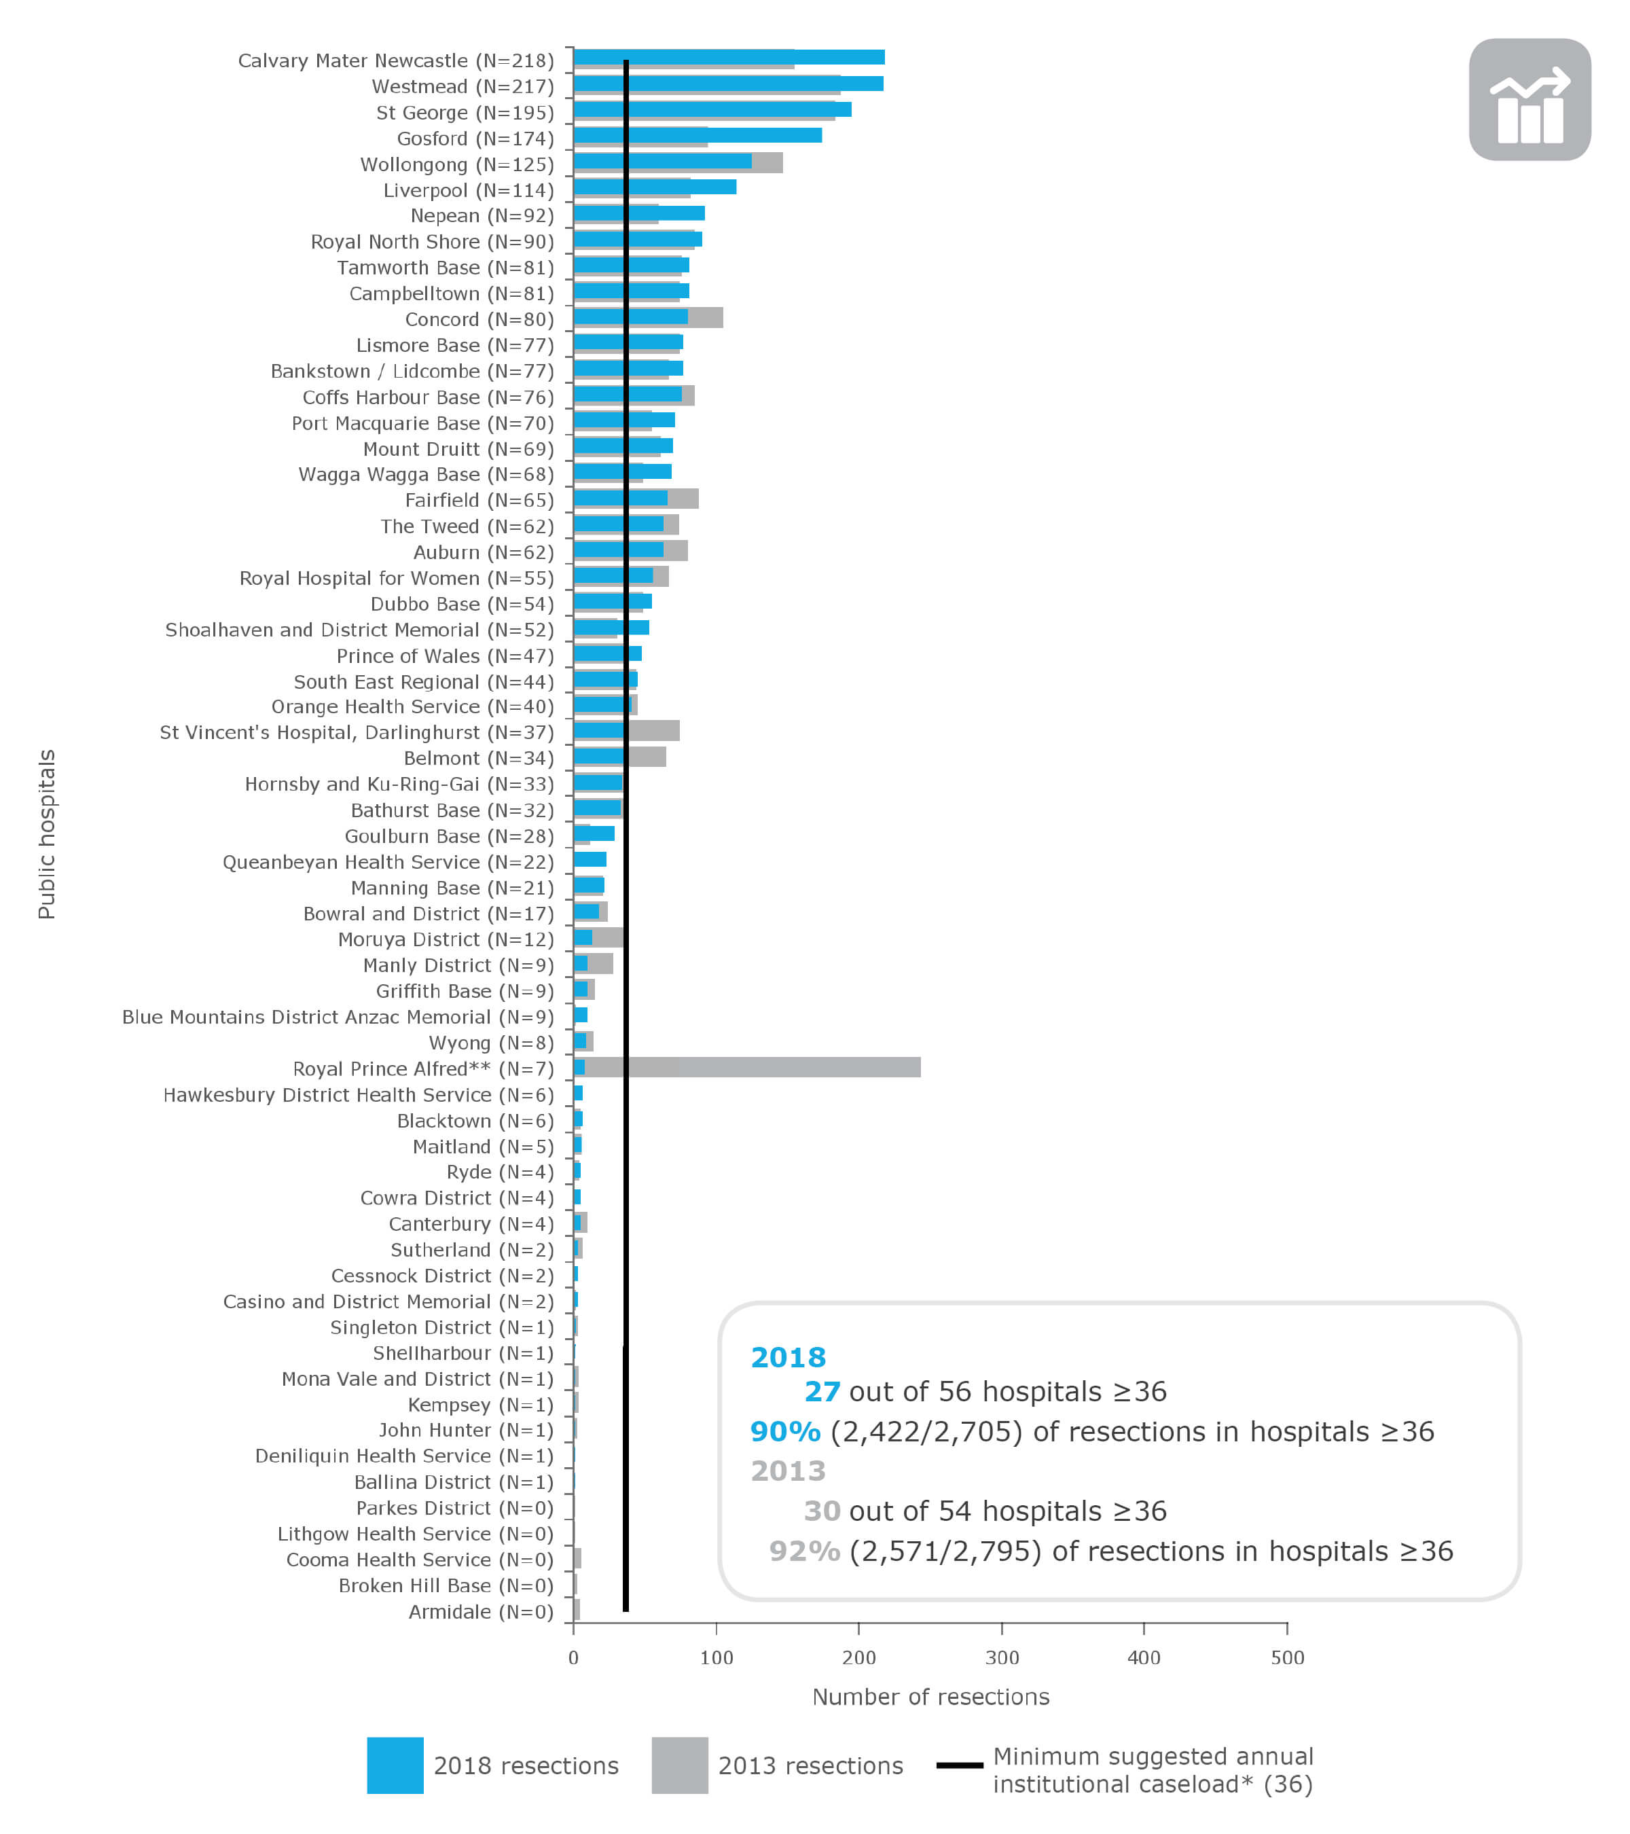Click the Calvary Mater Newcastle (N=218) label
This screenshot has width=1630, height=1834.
(395, 61)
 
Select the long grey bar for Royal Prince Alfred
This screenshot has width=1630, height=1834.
(789, 1067)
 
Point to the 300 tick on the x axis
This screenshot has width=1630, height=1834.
(1001, 1657)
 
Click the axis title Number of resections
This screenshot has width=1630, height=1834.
(930, 1697)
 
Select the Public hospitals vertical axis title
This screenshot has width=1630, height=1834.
(47, 834)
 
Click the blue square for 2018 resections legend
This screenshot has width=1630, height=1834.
(395, 1765)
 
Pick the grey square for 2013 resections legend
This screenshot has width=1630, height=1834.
(679, 1765)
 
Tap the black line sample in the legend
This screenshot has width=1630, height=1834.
(959, 1765)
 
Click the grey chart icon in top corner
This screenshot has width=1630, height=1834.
(1529, 100)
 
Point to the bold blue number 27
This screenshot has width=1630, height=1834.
(822, 1390)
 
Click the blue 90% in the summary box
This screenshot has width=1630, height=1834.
(785, 1431)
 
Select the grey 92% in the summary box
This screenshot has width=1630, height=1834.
(803, 1551)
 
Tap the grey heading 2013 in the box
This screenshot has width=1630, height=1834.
(788, 1471)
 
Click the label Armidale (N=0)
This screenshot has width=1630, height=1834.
(481, 1611)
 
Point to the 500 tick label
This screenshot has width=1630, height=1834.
(1286, 1657)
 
